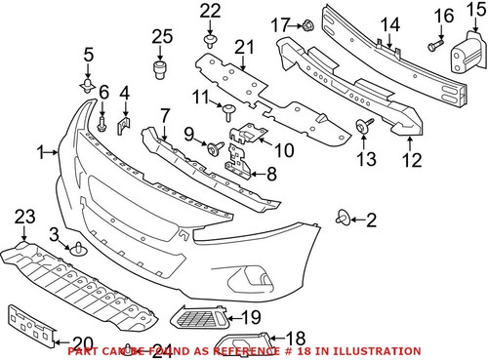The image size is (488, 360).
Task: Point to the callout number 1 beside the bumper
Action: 40,151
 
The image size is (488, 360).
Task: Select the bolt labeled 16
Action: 433,45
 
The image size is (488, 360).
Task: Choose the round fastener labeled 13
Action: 365,125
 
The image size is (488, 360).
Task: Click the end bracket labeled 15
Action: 465,60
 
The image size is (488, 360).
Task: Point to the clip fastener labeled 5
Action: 88,90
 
